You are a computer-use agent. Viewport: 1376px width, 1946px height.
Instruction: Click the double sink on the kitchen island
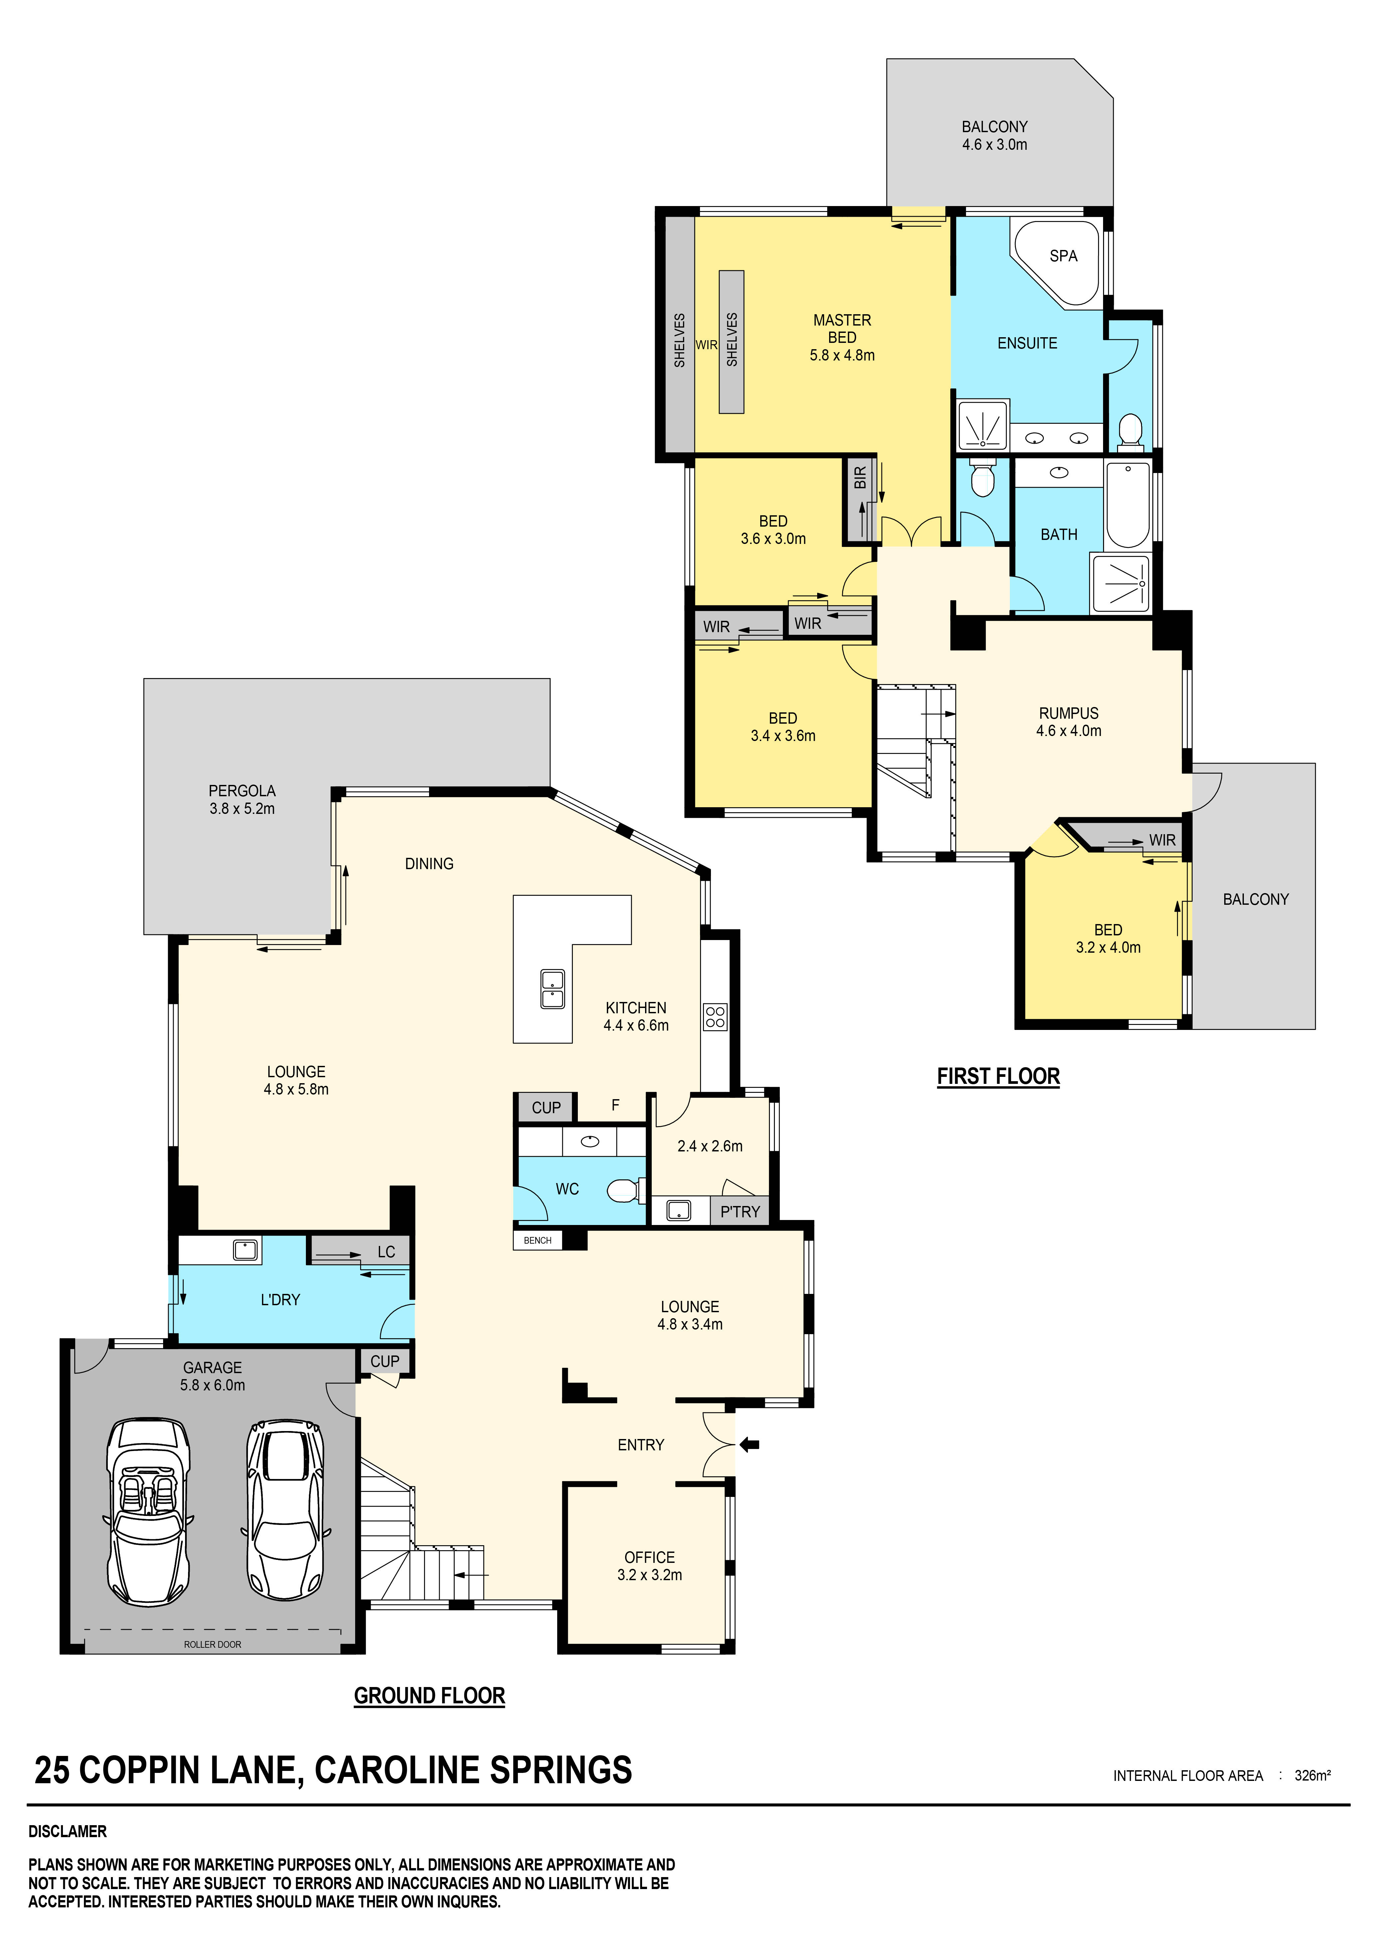click(553, 989)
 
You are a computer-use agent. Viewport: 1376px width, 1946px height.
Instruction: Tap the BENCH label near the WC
click(537, 1240)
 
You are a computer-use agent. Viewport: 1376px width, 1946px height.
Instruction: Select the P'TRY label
click(740, 1212)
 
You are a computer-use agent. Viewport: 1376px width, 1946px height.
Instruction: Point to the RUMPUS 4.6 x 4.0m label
click(1068, 722)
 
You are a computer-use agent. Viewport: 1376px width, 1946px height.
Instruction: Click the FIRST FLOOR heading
click(998, 1077)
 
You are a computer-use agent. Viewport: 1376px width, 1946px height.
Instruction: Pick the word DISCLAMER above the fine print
click(68, 1831)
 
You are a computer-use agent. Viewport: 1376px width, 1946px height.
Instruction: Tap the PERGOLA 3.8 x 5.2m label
click(242, 799)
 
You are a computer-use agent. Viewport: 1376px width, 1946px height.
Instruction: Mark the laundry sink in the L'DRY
click(245, 1249)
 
